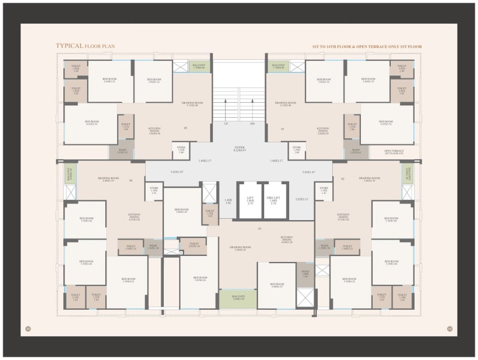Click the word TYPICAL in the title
point(69,45)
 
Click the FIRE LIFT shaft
point(275,200)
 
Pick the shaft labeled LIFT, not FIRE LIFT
point(250,200)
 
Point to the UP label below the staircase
point(226,124)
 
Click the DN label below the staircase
point(252,124)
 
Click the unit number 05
point(185,128)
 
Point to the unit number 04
point(130,179)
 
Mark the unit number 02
point(342,179)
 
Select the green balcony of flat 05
point(197,66)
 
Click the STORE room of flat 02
point(324,190)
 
